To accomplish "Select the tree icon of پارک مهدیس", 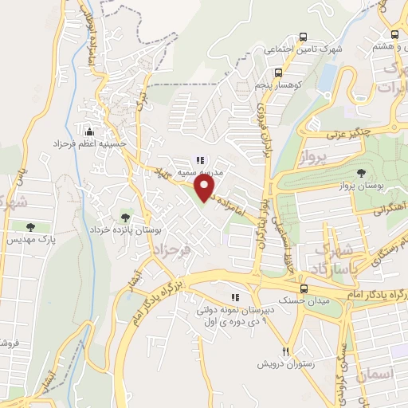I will [x=32, y=227].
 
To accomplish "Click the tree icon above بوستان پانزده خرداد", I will [x=124, y=216].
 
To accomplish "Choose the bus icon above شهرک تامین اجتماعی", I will [x=302, y=37].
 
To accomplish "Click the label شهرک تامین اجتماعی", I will [x=302, y=49].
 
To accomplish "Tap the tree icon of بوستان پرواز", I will [x=362, y=171].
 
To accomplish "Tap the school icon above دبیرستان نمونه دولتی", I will [x=234, y=297].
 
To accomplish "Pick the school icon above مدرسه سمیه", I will [x=199, y=158].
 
